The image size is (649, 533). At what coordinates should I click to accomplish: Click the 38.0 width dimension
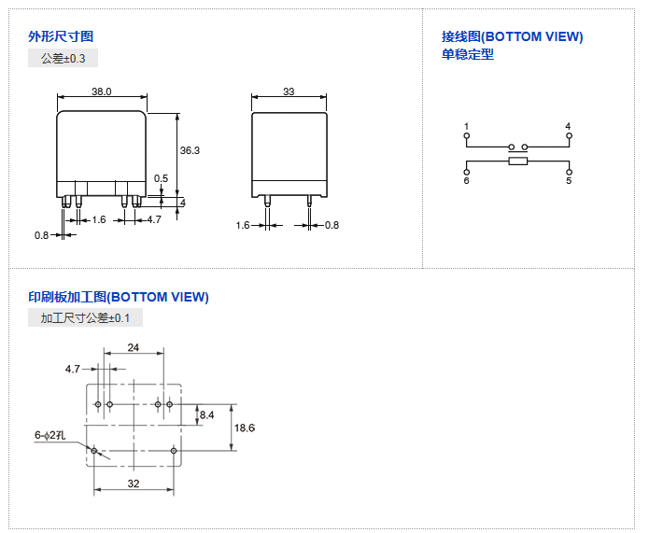102,91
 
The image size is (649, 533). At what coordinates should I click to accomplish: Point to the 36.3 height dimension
190,150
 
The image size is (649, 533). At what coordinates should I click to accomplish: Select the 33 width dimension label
289,91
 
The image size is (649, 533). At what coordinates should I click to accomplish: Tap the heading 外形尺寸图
61,36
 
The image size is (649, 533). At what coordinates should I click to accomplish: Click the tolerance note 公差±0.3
63,59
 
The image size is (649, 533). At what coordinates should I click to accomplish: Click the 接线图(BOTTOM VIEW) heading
512,36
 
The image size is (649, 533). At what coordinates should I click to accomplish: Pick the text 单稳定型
468,54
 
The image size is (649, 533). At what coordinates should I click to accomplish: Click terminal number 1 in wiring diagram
466,126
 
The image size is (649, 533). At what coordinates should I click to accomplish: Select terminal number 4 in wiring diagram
568,126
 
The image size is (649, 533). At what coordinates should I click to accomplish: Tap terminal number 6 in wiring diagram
466,180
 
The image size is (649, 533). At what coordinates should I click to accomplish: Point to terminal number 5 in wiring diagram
568,180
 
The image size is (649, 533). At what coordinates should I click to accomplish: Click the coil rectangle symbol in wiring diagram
517,162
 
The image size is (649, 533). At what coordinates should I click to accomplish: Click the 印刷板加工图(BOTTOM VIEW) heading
119,297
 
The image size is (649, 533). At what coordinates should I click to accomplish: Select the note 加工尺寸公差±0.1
85,318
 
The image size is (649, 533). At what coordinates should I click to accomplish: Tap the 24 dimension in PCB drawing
133,347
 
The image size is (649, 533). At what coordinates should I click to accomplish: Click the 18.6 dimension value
245,428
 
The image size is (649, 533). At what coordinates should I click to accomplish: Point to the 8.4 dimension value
206,414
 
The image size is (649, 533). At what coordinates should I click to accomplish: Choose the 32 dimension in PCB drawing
133,484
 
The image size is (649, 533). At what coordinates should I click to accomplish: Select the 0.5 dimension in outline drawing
162,178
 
